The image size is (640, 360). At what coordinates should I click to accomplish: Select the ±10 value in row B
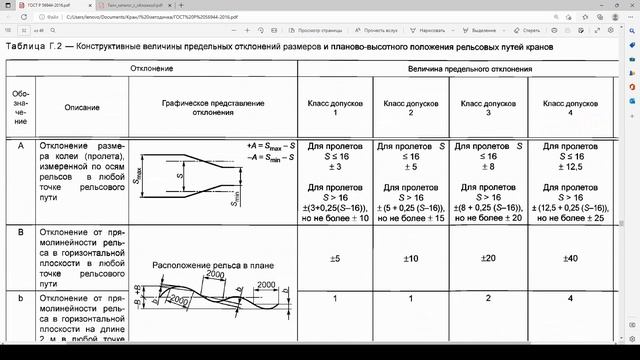coord(411,258)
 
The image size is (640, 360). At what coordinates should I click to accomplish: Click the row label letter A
coord(21,146)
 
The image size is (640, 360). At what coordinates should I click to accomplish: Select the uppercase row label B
coord(21,231)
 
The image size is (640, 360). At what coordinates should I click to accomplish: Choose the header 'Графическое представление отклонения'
coord(214,106)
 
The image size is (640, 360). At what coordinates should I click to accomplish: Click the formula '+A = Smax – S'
coord(270,146)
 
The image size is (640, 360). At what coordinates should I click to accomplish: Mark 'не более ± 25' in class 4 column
coord(571,218)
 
